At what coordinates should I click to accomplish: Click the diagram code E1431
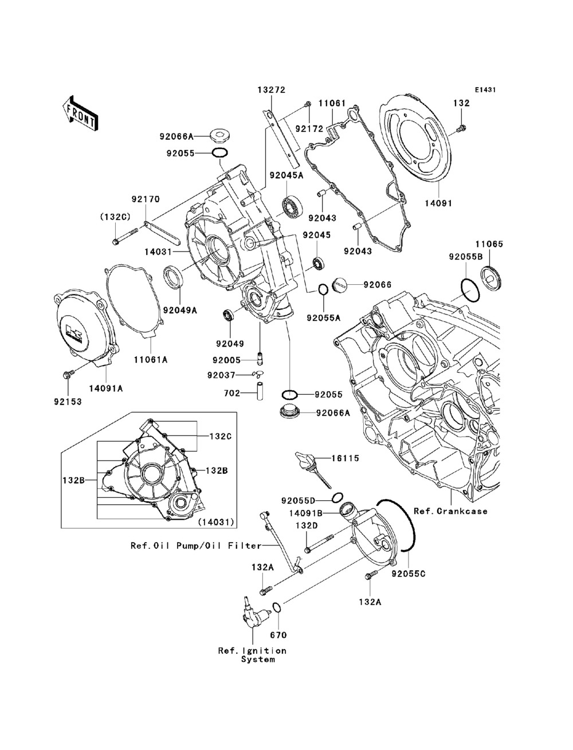[485, 90]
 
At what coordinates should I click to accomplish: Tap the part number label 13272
[271, 90]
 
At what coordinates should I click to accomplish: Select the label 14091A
[106, 388]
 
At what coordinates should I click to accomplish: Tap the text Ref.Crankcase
[450, 521]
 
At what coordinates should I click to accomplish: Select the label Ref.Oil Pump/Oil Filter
[196, 545]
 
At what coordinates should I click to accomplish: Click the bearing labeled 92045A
[292, 206]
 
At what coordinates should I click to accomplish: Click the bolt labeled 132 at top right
[462, 129]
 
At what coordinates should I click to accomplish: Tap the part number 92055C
[409, 574]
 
